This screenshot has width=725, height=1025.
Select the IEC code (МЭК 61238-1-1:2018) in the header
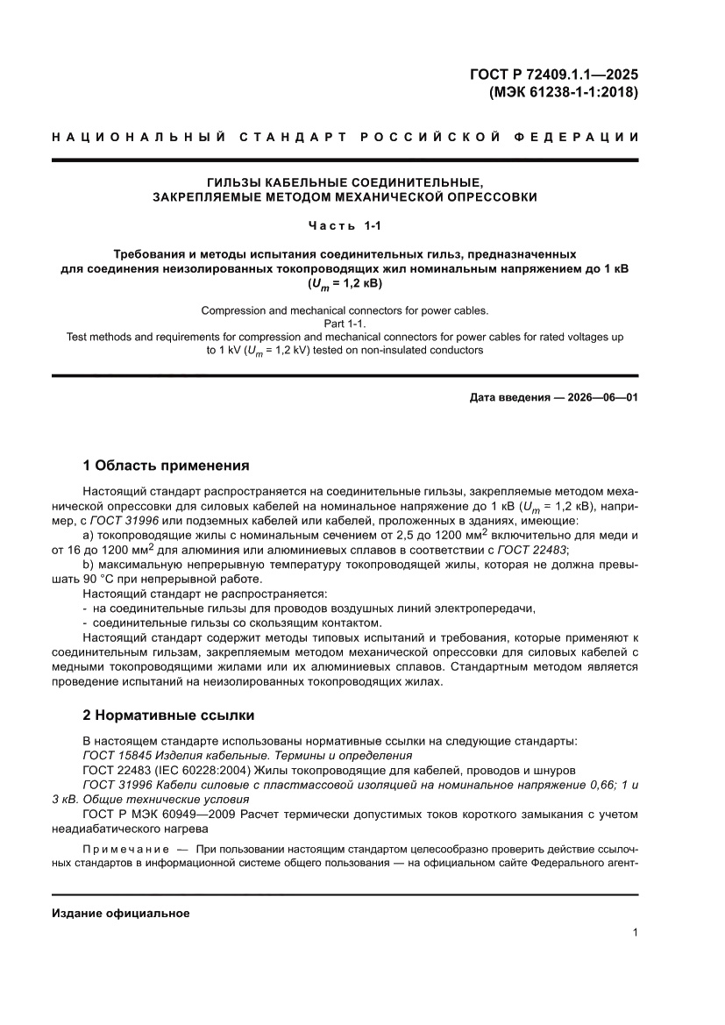coord(557,91)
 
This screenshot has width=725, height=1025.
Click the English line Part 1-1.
coord(345,324)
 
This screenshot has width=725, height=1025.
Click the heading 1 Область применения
coord(166,466)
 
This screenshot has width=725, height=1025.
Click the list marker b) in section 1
coord(88,565)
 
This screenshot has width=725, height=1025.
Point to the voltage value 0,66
coord(595,785)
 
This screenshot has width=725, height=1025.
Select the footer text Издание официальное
coord(121,914)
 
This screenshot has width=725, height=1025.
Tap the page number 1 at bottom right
coord(634,933)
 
